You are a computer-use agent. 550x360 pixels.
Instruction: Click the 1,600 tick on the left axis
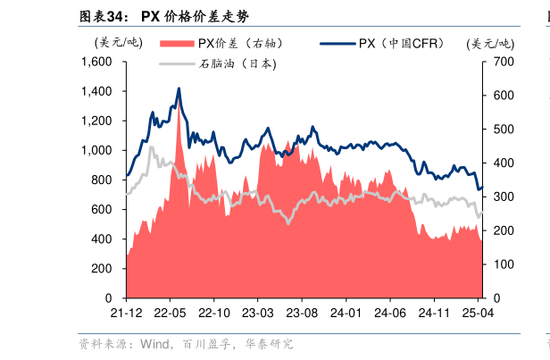(x=96, y=62)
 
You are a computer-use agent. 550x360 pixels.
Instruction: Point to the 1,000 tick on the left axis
(x=96, y=150)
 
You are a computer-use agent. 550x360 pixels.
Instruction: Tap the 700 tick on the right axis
(x=502, y=62)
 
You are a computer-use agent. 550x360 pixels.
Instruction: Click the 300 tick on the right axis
(x=502, y=197)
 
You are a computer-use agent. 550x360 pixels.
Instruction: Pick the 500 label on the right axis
(x=502, y=130)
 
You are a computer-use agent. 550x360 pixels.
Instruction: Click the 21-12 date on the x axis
(x=126, y=313)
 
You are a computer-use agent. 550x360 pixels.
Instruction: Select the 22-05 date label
(x=170, y=313)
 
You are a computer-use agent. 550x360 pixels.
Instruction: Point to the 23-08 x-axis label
(x=301, y=313)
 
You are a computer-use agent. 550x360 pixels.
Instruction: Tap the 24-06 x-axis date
(x=389, y=313)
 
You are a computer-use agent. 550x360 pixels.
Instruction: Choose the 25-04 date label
(x=477, y=313)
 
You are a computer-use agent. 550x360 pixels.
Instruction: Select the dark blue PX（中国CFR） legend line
(x=337, y=43)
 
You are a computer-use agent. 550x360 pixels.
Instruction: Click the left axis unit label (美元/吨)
(x=117, y=42)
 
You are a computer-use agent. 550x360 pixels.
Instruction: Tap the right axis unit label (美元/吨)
(x=490, y=42)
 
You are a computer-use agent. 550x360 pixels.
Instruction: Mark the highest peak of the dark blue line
(x=179, y=88)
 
